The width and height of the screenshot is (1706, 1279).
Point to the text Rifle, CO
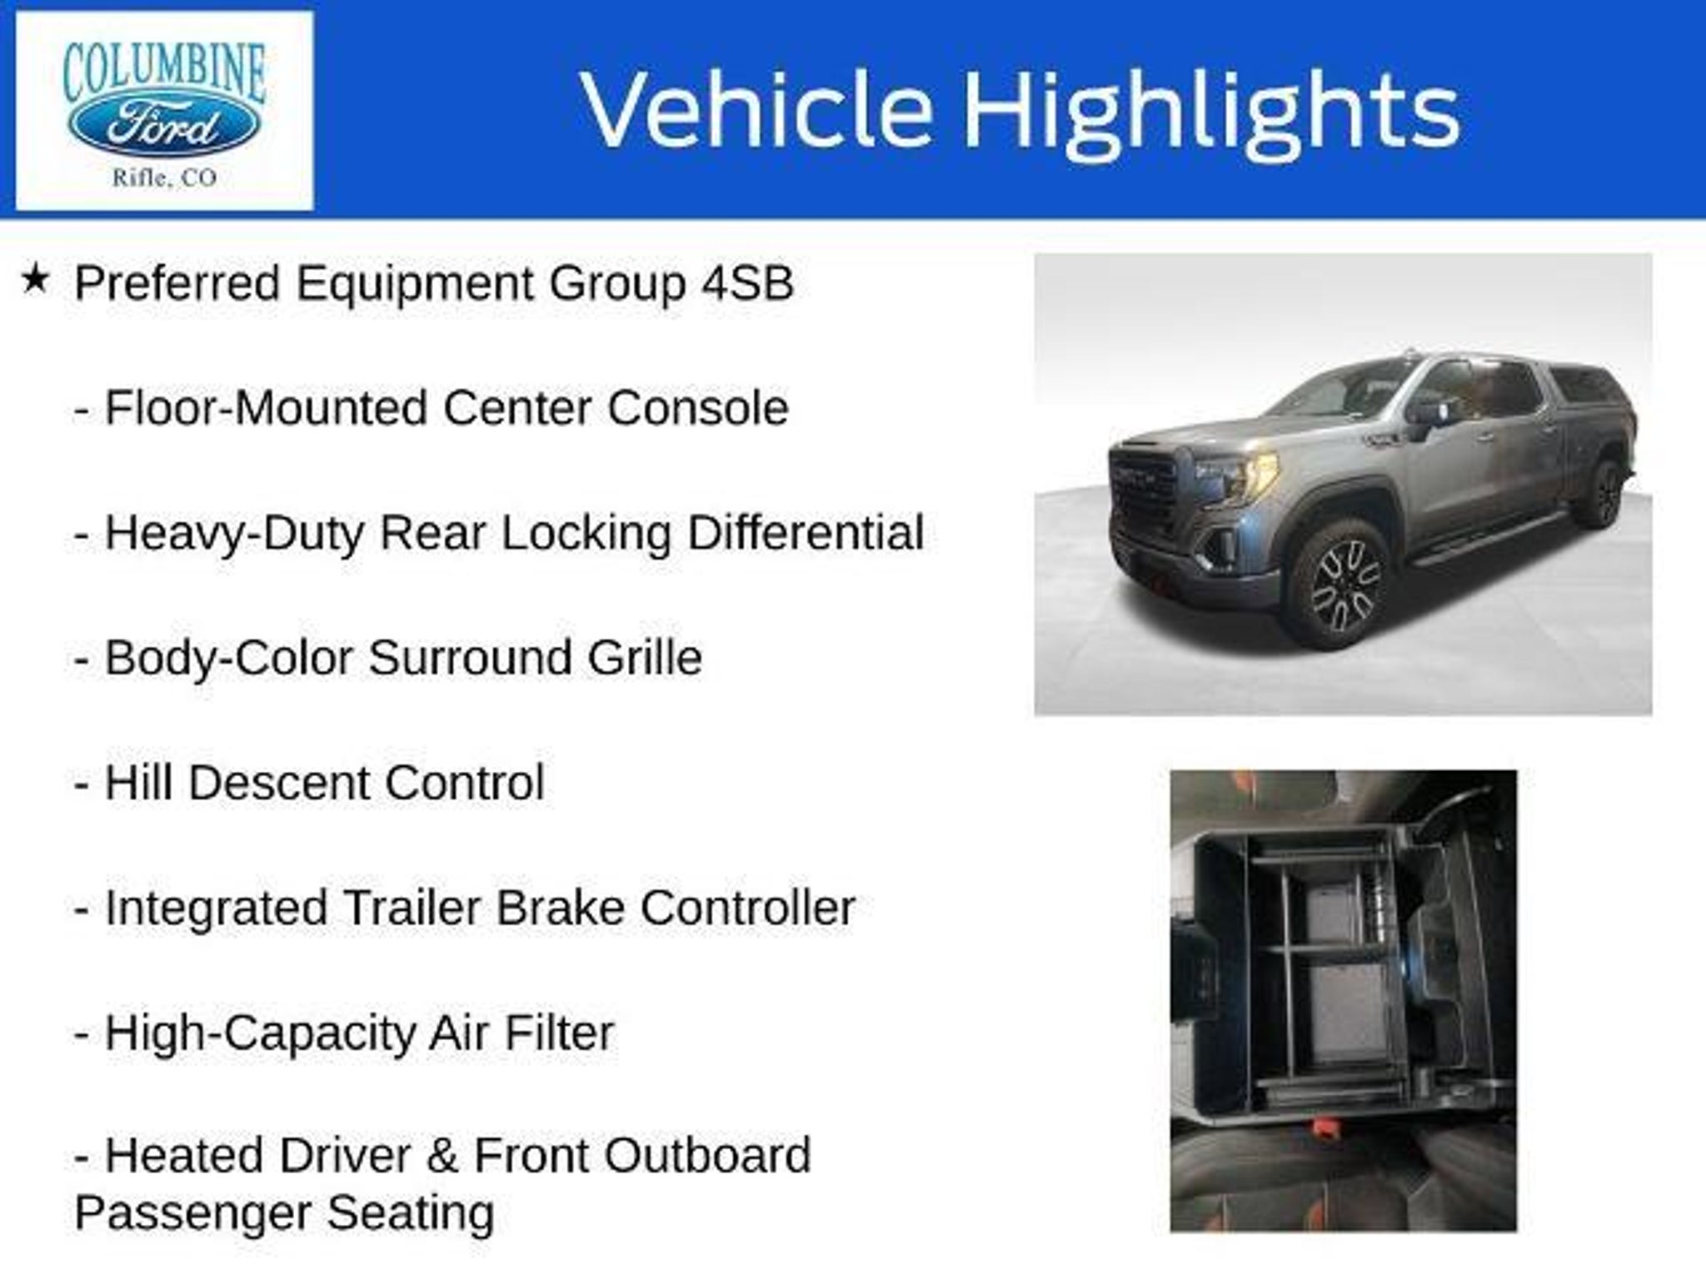[164, 178]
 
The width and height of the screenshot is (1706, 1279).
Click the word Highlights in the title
[1211, 112]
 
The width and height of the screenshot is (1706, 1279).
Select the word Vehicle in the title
[756, 109]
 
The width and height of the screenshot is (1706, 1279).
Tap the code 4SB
[747, 283]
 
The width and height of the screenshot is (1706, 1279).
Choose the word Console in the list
[698, 408]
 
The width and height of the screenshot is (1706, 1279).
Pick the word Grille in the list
[645, 658]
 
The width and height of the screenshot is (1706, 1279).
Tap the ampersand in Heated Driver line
[442, 1157]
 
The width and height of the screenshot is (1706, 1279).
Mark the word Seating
[410, 1213]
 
